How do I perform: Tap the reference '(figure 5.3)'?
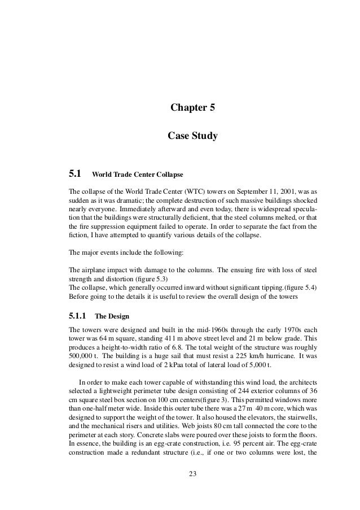click(151, 278)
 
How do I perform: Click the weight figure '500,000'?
click(80, 356)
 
